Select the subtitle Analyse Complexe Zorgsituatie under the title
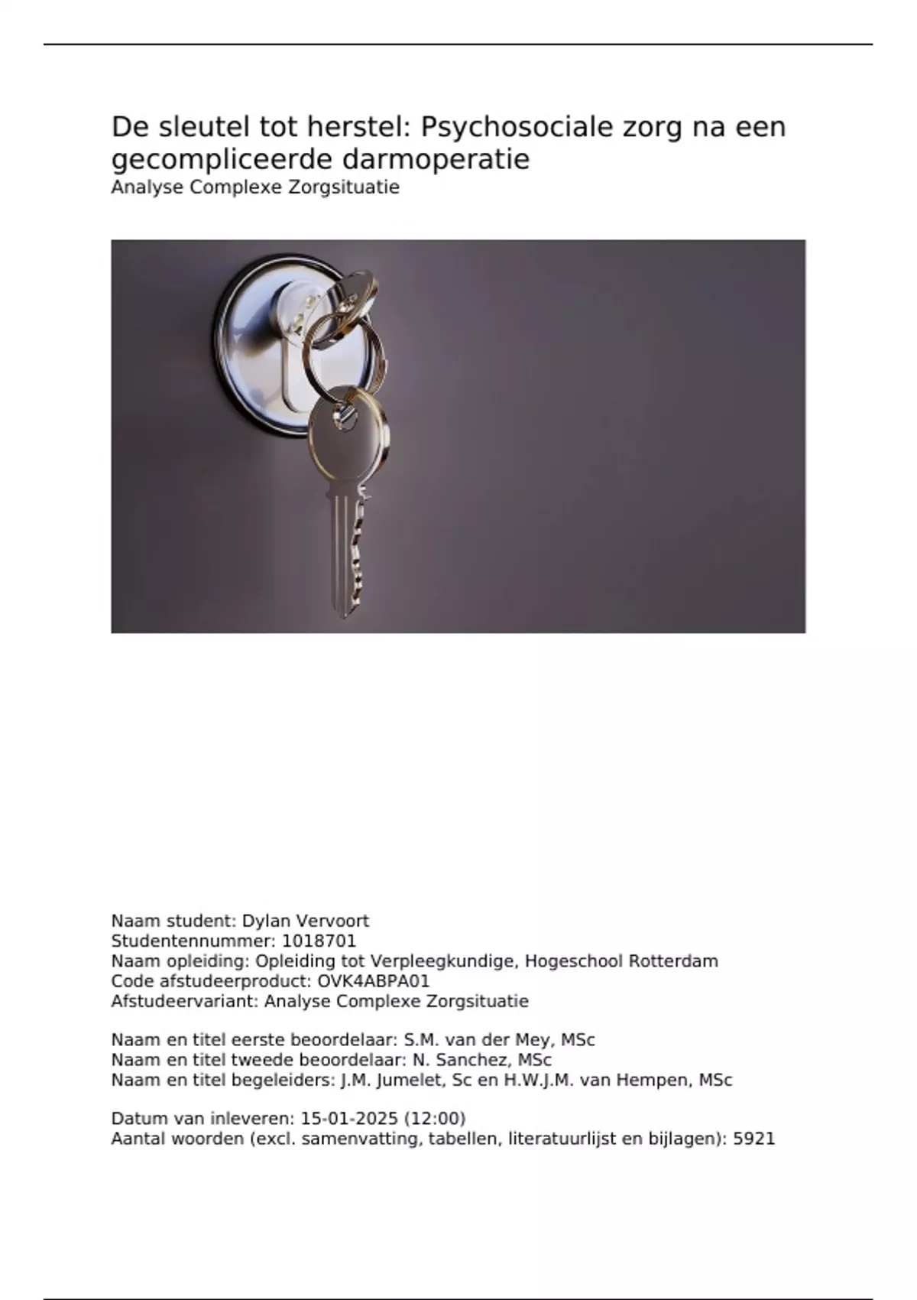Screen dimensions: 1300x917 pos(255,187)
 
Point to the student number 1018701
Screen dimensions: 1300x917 pos(319,941)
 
